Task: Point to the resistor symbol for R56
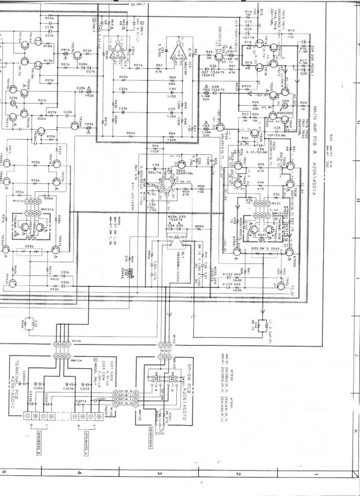coord(155,149)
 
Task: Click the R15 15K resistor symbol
coord(290,34)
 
